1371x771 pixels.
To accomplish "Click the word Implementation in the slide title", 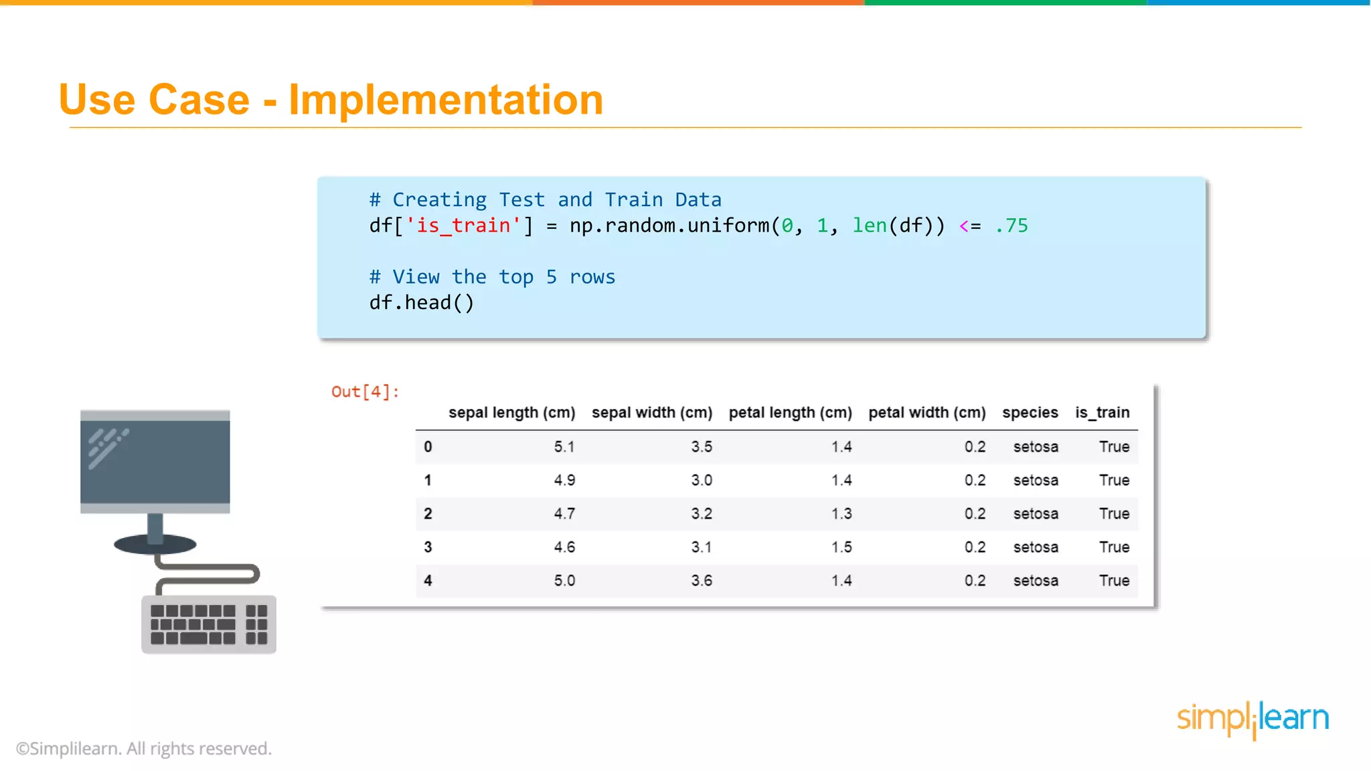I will click(x=446, y=100).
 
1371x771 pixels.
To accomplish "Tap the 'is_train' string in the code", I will click(x=463, y=226).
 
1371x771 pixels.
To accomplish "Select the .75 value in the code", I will click(x=1012, y=226).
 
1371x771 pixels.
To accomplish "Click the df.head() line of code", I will click(x=421, y=303).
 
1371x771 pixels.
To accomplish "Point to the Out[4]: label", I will click(x=366, y=392).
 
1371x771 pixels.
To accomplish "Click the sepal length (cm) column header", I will click(x=511, y=412).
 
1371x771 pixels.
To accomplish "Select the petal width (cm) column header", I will click(x=926, y=412).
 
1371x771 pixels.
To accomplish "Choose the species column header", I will click(x=1030, y=412).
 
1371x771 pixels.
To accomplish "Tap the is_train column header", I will click(x=1102, y=412).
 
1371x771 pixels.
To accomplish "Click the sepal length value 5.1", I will click(x=564, y=446).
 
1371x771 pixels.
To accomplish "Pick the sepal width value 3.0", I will click(x=701, y=480).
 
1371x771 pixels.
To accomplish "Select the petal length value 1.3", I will click(x=841, y=513).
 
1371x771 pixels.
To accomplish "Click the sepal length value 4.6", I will click(x=564, y=547).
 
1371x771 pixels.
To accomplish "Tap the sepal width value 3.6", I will click(x=701, y=580).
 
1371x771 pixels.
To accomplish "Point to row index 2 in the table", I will click(x=428, y=513).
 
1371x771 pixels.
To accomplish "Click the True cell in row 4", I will click(x=1114, y=580).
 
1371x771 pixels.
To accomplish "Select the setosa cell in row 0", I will click(x=1035, y=446).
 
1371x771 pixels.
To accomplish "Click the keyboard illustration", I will click(x=208, y=624).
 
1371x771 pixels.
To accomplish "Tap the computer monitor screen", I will click(x=155, y=461).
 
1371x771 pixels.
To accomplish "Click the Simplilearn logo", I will click(x=1253, y=719).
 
